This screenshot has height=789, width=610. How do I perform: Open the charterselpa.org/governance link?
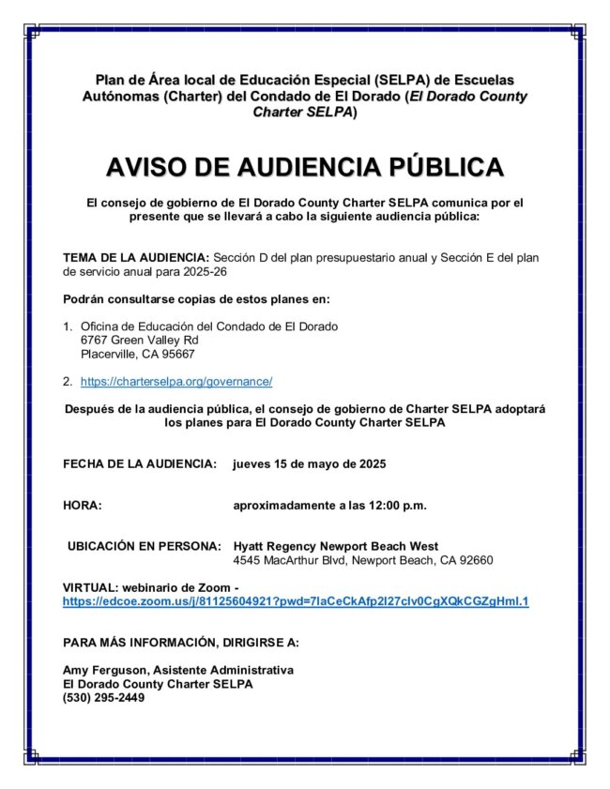coord(176,382)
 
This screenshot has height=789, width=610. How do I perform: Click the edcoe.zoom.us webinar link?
coord(296,601)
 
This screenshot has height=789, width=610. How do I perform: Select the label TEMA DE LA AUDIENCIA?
coord(136,257)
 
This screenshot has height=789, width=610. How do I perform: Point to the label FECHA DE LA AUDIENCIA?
coord(140,464)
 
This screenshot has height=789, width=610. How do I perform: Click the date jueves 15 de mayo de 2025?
coord(309,464)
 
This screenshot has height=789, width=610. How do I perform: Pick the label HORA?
coord(83,506)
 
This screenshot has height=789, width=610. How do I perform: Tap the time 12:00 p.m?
coord(400,506)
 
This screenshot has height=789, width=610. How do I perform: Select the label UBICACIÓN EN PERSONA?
coord(145,546)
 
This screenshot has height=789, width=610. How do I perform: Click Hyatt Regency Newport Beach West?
coord(336,546)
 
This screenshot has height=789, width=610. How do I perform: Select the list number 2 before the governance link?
coord(68,382)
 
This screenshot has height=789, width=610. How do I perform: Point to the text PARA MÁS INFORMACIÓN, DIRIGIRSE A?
coord(180,643)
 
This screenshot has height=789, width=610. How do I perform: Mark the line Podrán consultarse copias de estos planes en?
coord(196,299)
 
